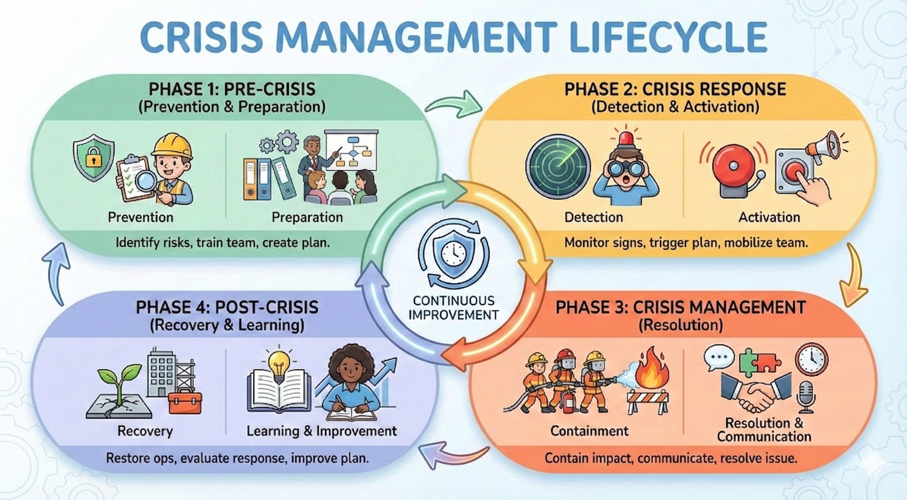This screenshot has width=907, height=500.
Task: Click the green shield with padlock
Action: [93, 157]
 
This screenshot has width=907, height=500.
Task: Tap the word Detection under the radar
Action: [594, 217]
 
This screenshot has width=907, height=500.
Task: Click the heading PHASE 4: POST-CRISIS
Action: [227, 307]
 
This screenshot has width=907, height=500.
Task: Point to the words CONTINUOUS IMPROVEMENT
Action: [453, 308]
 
